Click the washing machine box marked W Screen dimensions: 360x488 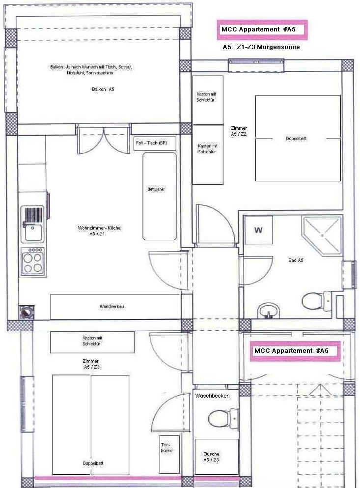[258, 230]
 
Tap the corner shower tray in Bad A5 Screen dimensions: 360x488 [322, 235]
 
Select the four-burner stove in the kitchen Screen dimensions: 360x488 [32, 261]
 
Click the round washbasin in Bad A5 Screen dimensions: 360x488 [269, 311]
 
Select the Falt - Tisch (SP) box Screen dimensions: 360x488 [155, 144]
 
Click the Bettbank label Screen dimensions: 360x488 [156, 189]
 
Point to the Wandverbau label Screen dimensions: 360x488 [111, 307]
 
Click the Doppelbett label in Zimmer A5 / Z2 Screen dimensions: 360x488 [296, 139]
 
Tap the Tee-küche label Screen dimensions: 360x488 [166, 448]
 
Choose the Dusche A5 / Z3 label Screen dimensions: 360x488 [211, 457]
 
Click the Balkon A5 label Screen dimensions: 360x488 [103, 89]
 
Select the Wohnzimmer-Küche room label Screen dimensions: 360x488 [99, 230]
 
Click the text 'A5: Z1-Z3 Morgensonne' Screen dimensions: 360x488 [261, 47]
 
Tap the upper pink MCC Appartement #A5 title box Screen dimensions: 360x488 [262, 30]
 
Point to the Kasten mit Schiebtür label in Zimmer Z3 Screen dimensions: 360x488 [92, 341]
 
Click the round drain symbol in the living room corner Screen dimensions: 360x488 [27, 312]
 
